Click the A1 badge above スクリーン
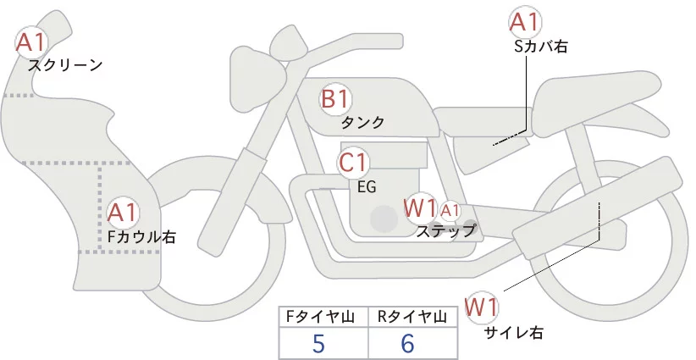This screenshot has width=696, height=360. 32,40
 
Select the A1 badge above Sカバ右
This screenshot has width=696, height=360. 524,22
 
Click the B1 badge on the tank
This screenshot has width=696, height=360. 334,98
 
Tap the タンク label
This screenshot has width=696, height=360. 362,122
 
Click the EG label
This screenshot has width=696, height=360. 367,186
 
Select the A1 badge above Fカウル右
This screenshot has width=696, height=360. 123,212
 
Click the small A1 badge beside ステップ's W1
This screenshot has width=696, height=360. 450,209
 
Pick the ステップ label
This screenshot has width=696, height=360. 445,230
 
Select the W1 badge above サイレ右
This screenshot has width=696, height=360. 483,306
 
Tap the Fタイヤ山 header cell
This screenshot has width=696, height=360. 324,317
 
